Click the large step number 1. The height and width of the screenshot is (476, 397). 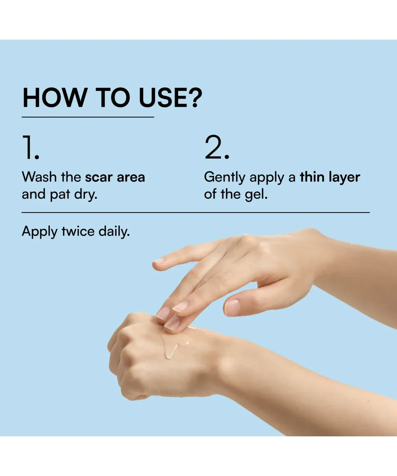30,147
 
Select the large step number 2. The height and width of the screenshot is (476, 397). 217,147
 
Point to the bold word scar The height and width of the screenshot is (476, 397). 99,178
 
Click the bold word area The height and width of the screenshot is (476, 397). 131,178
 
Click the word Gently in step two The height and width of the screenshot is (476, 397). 225,178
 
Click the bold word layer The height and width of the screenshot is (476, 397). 344,178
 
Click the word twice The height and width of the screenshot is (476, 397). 78,231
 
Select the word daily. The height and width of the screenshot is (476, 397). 114,232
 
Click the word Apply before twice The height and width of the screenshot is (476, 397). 40,232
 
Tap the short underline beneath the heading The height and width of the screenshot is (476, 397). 88,117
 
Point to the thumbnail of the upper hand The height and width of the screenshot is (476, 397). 232,307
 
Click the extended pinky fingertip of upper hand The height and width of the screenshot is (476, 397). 157,262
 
